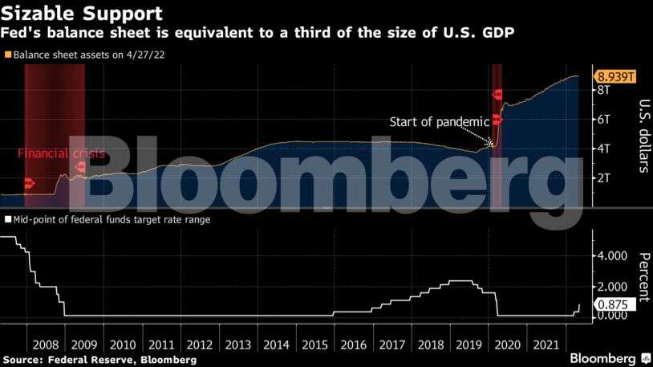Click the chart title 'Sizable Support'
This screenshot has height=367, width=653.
pyautogui.click(x=83, y=14)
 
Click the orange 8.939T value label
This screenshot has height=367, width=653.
pyautogui.click(x=615, y=77)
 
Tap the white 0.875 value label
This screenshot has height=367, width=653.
pyautogui.click(x=614, y=304)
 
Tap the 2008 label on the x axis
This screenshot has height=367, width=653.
pyautogui.click(x=45, y=344)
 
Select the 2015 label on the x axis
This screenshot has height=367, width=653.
pyautogui.click(x=314, y=344)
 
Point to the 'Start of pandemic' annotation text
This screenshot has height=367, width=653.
pyautogui.click(x=439, y=122)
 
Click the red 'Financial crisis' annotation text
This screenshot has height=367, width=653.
pyautogui.click(x=61, y=153)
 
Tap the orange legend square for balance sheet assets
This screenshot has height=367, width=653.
pyautogui.click(x=7, y=55)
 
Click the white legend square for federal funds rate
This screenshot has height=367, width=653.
pyautogui.click(x=7, y=218)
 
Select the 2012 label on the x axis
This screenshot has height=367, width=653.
pyautogui.click(x=199, y=344)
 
